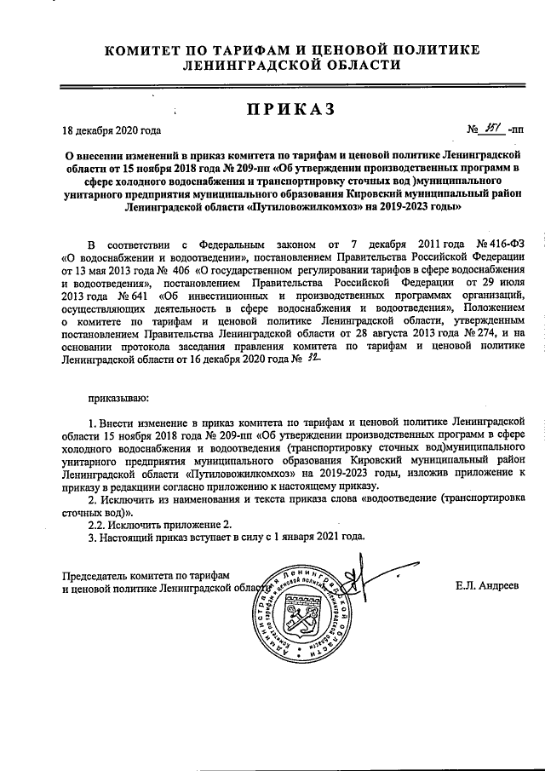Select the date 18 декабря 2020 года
(x=111, y=130)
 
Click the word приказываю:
(x=118, y=397)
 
